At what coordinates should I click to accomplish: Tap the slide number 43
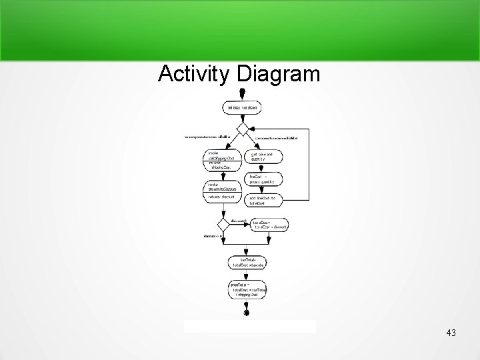tap(451, 332)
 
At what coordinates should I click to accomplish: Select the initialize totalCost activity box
tap(243, 107)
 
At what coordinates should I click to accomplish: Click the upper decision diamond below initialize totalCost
tap(243, 128)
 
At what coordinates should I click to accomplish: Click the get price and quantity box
tap(265, 156)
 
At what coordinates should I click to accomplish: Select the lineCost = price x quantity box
tap(265, 178)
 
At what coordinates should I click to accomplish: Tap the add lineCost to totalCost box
tap(265, 200)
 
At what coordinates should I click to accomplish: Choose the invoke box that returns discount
tap(221, 189)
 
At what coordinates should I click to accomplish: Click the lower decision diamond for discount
tap(223, 225)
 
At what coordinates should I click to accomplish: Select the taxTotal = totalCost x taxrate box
tap(247, 262)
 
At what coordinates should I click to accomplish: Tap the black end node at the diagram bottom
tap(247, 312)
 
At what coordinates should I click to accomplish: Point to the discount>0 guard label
tap(239, 219)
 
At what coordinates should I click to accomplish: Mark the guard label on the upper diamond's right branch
tap(276, 137)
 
